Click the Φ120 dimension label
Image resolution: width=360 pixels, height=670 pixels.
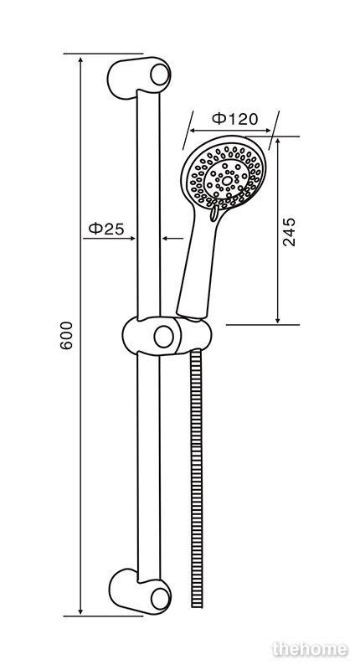(x=235, y=118)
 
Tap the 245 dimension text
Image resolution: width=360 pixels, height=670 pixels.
(x=289, y=232)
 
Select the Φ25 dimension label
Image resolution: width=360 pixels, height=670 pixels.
(x=106, y=229)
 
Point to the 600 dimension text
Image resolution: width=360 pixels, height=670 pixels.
(x=67, y=336)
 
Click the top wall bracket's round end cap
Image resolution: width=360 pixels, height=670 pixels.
(x=160, y=75)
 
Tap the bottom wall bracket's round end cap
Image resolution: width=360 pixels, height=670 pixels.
(x=161, y=599)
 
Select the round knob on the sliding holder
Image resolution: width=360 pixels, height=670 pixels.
(x=163, y=337)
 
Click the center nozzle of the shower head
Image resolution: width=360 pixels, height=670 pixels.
(x=227, y=181)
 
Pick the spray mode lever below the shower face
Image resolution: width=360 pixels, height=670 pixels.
(x=214, y=213)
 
